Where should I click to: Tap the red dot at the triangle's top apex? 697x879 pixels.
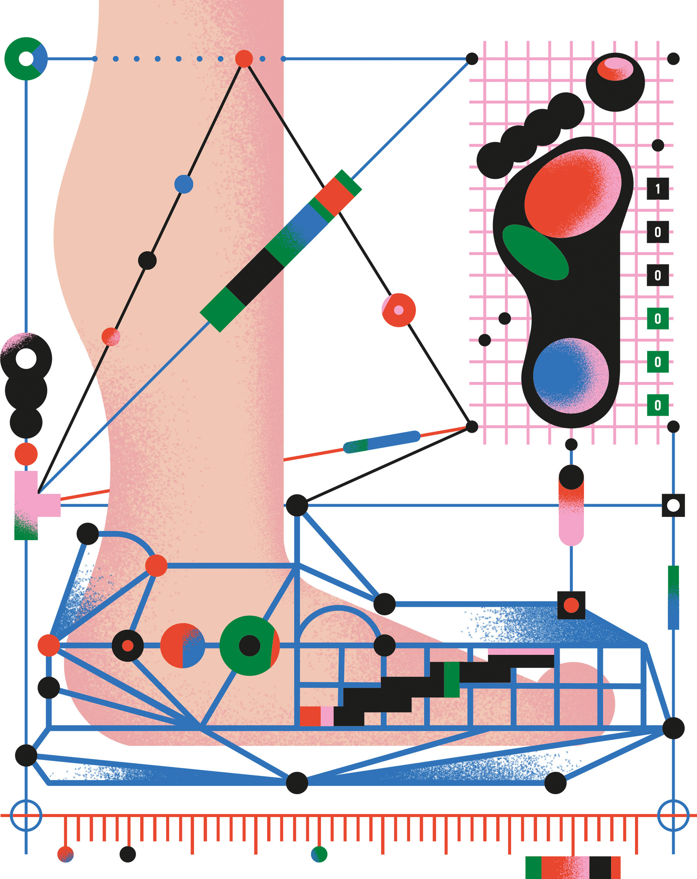(x=244, y=59)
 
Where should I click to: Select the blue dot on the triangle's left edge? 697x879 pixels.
(x=184, y=184)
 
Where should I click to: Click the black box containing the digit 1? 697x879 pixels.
(x=658, y=189)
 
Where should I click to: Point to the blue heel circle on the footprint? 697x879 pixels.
(x=570, y=376)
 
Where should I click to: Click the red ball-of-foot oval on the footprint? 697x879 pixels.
(x=572, y=193)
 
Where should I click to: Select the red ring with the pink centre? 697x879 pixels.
(x=398, y=310)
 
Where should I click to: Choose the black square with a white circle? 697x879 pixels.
(x=673, y=505)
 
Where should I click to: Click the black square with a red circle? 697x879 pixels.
(x=571, y=605)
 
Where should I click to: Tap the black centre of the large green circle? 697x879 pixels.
(x=249, y=646)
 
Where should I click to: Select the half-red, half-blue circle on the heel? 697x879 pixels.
(x=182, y=646)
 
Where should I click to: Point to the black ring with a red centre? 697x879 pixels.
(x=127, y=646)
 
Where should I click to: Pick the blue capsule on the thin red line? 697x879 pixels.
(x=381, y=442)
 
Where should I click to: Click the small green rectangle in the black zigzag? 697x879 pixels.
(x=451, y=679)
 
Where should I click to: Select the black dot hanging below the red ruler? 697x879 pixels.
(x=127, y=854)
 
